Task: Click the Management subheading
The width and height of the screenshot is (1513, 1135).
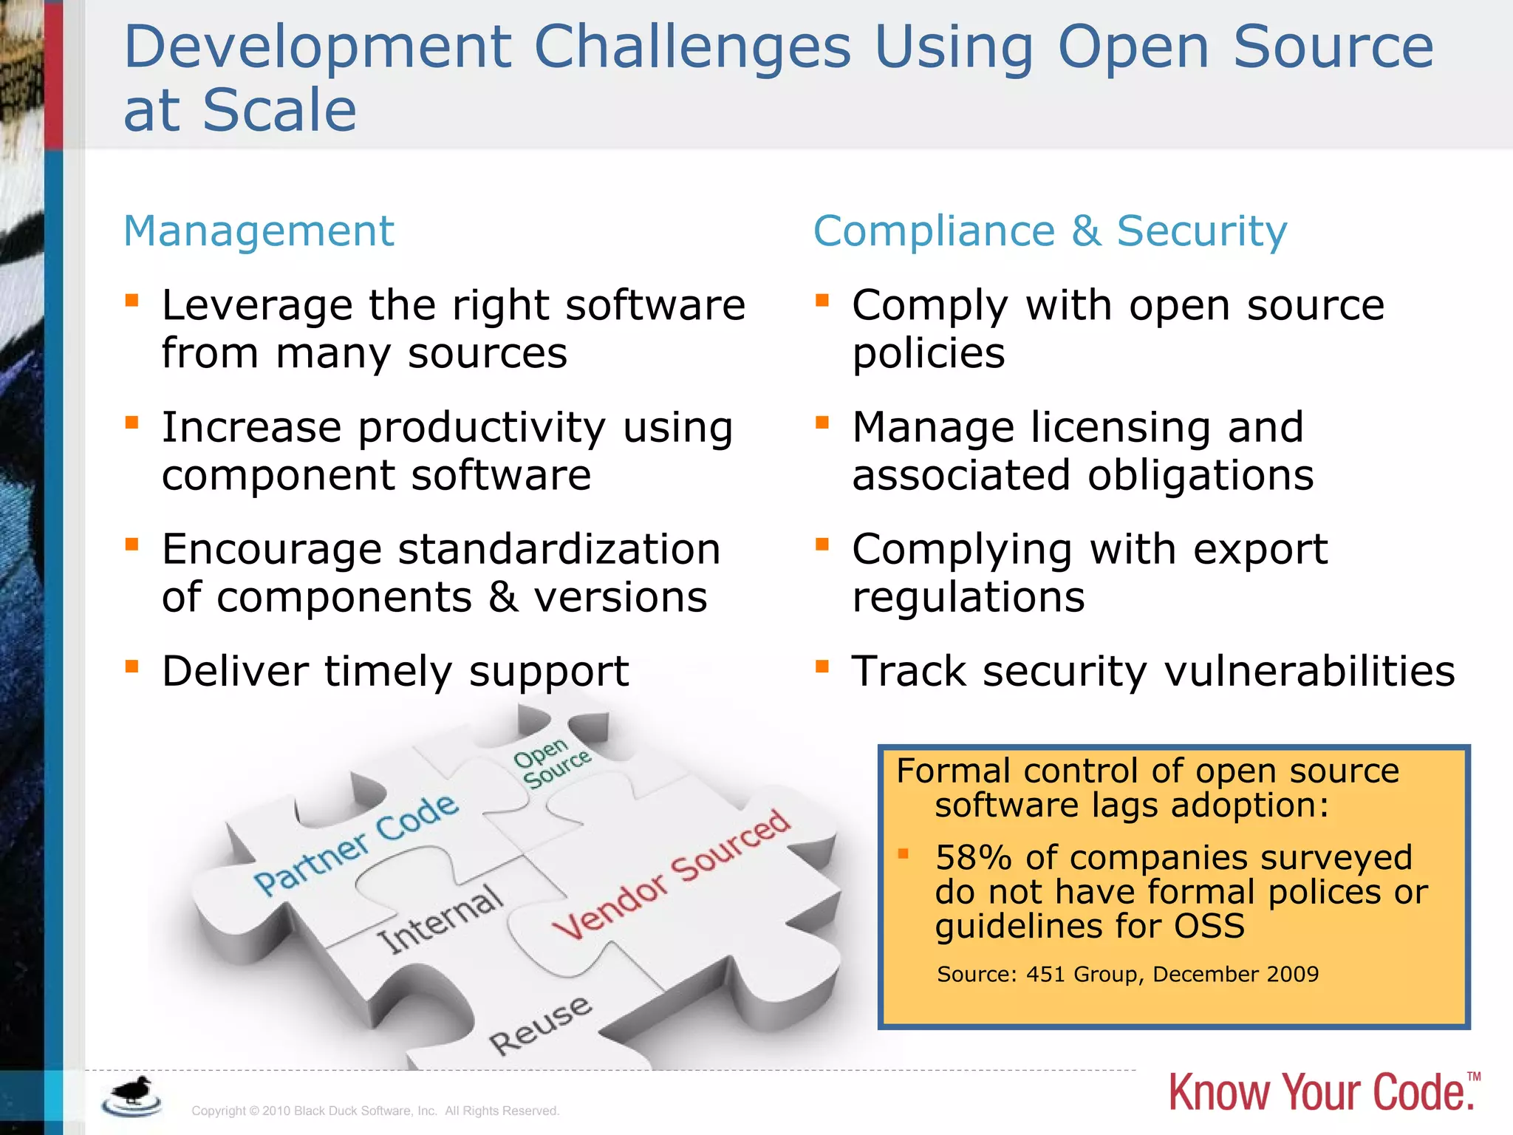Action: tap(259, 231)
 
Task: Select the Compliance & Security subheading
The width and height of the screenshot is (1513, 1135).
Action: tap(1050, 231)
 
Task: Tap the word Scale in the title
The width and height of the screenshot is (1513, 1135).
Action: tap(279, 110)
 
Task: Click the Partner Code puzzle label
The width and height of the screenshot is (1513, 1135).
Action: tap(355, 843)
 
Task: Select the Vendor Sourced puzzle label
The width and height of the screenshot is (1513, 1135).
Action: tap(671, 873)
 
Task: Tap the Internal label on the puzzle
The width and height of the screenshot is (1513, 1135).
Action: tap(440, 919)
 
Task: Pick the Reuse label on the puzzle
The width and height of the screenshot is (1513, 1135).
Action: tap(540, 1026)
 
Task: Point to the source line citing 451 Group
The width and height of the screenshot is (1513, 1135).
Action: tap(1127, 974)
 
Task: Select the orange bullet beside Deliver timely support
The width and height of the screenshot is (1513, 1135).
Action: tap(132, 667)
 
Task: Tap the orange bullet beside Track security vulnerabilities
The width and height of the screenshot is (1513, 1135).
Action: tap(822, 667)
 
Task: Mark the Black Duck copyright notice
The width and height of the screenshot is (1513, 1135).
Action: tap(375, 1111)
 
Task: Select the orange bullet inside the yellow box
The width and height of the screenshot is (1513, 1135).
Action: tap(903, 854)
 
